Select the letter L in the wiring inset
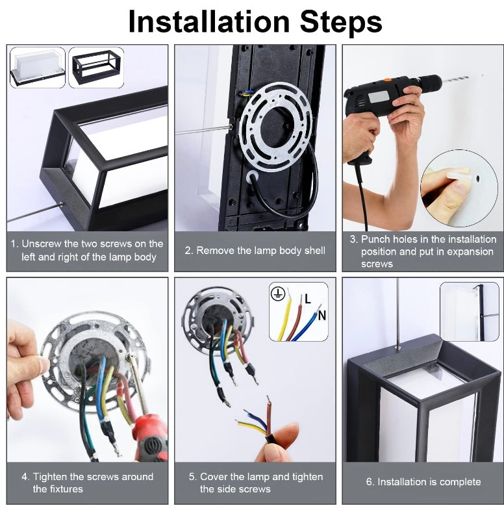click(x=308, y=299)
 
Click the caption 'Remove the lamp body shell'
click(x=255, y=250)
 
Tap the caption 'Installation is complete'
click(x=423, y=481)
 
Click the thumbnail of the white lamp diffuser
click(x=37, y=68)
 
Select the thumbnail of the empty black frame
click(x=96, y=67)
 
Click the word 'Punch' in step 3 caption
click(x=376, y=239)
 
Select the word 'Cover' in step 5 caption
click(x=214, y=476)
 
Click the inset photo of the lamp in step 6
click(x=469, y=311)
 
